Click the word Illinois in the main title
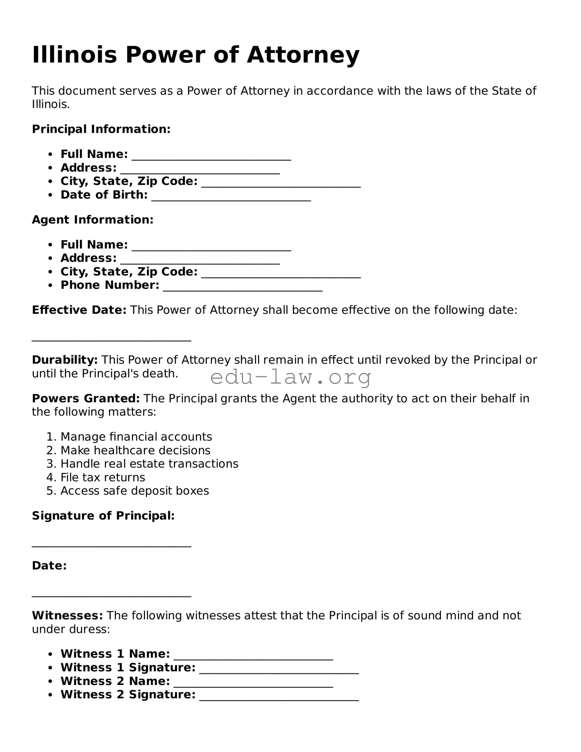[74, 55]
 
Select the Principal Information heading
[101, 129]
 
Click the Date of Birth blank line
[231, 196]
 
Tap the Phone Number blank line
[243, 287]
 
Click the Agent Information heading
[93, 220]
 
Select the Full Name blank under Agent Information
[211, 246]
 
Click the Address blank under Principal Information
[200, 169]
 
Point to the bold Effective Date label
[79, 310]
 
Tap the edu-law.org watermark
[290, 377]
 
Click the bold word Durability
[65, 360]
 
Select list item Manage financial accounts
[136, 437]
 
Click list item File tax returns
[103, 477]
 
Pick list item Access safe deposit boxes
[135, 491]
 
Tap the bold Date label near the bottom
[49, 566]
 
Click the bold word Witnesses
[67, 615]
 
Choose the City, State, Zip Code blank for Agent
[281, 273]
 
